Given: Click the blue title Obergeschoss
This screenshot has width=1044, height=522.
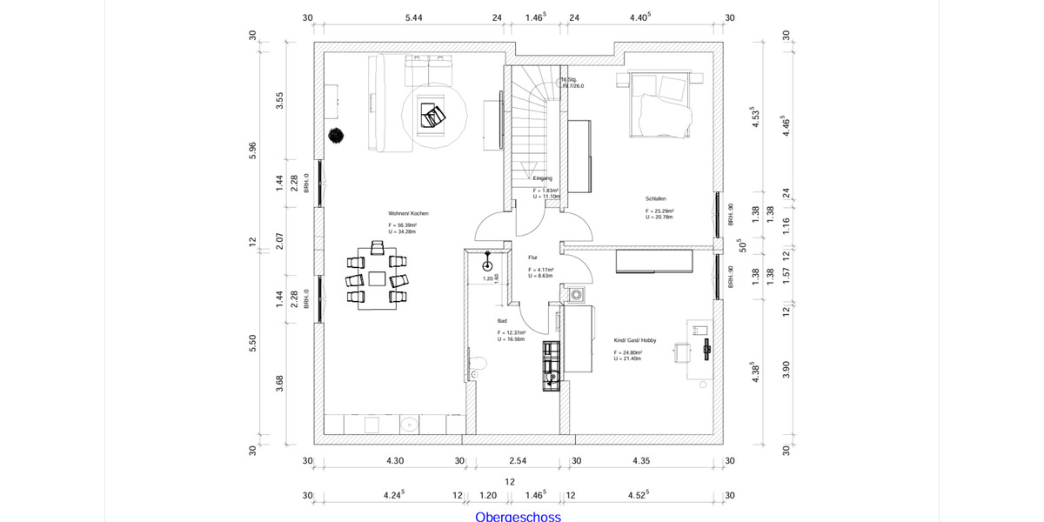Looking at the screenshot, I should (x=518, y=517).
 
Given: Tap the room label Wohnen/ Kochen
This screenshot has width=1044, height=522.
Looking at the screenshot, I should (x=408, y=213).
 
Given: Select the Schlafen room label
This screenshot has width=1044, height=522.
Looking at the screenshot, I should (x=655, y=199).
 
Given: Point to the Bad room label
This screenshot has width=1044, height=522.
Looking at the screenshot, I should (x=502, y=321).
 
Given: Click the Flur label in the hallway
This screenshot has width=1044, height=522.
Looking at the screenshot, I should (x=532, y=258).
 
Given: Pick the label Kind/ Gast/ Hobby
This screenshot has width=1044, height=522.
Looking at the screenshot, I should (x=635, y=340).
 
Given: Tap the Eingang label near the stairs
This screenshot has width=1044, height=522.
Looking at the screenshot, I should (x=543, y=178).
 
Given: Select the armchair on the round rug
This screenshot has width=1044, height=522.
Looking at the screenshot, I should (x=432, y=113).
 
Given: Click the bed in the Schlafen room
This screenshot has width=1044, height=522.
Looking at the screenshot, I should (x=661, y=104).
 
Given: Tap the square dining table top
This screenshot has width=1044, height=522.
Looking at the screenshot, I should (x=377, y=278).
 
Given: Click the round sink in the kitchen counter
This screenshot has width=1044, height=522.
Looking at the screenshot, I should (x=409, y=425).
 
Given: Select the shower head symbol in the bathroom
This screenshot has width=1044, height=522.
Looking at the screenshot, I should (x=487, y=264).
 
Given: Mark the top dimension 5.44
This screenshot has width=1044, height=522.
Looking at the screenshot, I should (x=414, y=17).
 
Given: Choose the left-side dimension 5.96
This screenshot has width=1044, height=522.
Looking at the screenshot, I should (x=253, y=150).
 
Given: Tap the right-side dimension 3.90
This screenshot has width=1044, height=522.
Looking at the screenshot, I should (x=786, y=370).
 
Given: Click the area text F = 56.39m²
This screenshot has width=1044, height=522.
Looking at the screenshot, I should (x=403, y=225).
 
